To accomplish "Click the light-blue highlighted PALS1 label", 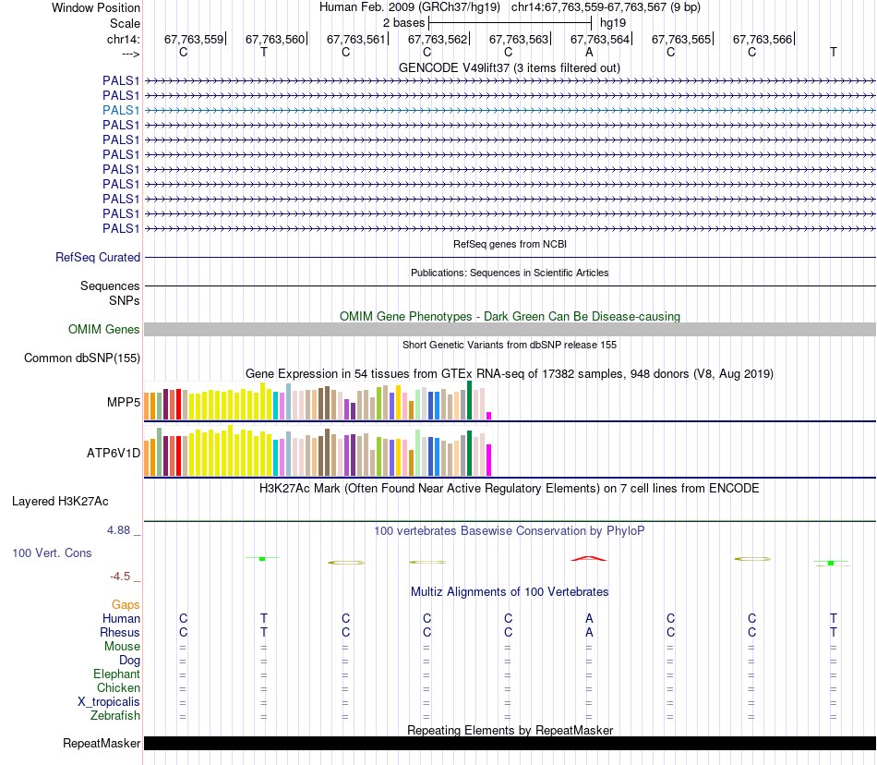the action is (121, 110).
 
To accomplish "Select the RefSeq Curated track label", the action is (98, 258).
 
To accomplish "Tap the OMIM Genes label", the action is (104, 329).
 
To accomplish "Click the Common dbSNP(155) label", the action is (82, 358).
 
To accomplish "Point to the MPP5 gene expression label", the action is (124, 402).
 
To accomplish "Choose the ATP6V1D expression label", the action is (114, 453).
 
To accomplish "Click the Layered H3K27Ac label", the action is (60, 502).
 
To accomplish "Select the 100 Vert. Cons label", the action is (52, 552).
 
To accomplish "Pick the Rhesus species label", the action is (120, 632).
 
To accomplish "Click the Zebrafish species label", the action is (115, 715).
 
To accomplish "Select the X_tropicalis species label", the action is (109, 702).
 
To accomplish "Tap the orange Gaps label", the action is (126, 604).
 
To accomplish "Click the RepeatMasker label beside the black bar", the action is (102, 743).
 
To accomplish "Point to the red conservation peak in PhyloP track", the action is (588, 558).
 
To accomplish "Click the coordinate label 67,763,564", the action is (600, 39).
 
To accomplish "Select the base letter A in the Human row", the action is (589, 618).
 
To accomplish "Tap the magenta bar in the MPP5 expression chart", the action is (489, 416).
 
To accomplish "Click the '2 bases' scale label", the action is (403, 23).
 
